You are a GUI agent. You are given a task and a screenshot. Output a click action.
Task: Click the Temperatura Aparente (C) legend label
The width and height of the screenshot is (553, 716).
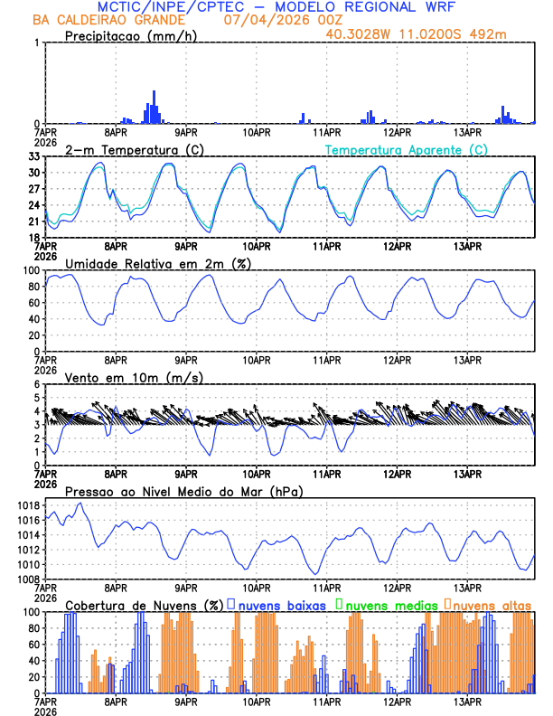click(x=407, y=149)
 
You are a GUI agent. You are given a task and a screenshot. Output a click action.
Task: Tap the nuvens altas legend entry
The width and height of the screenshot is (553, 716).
click(x=487, y=604)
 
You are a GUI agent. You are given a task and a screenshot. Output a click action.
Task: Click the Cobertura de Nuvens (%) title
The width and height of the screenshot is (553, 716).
click(x=144, y=604)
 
